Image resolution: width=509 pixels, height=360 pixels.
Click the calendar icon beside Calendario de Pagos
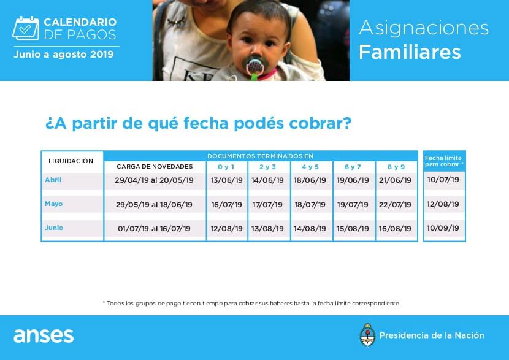click(26, 28)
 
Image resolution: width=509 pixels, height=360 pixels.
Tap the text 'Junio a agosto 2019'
click(64, 54)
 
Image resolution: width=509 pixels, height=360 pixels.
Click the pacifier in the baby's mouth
click(256, 66)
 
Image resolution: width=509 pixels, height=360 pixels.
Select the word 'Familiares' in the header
click(410, 52)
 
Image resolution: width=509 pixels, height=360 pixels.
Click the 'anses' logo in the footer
click(44, 335)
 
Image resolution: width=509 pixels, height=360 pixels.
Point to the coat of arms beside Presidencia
click(367, 335)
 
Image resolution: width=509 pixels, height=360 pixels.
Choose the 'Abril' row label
click(53, 180)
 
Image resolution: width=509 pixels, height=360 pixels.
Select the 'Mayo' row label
click(54, 204)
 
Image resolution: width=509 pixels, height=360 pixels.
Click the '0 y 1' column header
click(226, 167)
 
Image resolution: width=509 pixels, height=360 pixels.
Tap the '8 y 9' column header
click(396, 167)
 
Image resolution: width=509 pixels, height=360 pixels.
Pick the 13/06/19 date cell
click(226, 180)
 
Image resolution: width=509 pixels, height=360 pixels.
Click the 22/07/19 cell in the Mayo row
click(395, 205)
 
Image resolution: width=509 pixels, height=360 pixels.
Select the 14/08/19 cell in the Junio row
click(310, 229)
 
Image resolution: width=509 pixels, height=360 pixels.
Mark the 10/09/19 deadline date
click(443, 228)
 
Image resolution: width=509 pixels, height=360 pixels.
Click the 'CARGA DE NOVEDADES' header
click(155, 167)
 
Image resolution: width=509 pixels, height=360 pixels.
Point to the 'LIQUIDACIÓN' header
click(71, 161)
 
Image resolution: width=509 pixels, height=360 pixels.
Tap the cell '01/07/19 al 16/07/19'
click(154, 229)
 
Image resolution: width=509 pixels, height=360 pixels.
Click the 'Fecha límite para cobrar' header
click(444, 161)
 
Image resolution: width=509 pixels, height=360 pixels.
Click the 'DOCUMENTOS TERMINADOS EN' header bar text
click(261, 156)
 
